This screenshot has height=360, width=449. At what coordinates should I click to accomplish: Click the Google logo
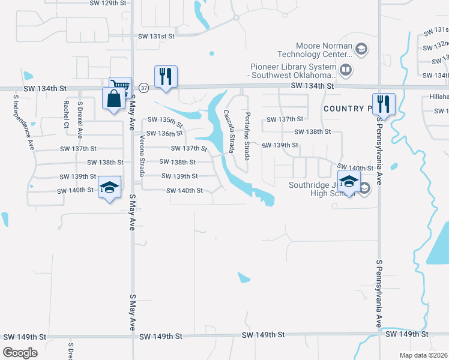coord(20,353)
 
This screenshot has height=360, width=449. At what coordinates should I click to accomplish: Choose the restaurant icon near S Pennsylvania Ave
coord(384,104)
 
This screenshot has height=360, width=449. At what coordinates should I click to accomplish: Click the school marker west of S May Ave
coord(109,187)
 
